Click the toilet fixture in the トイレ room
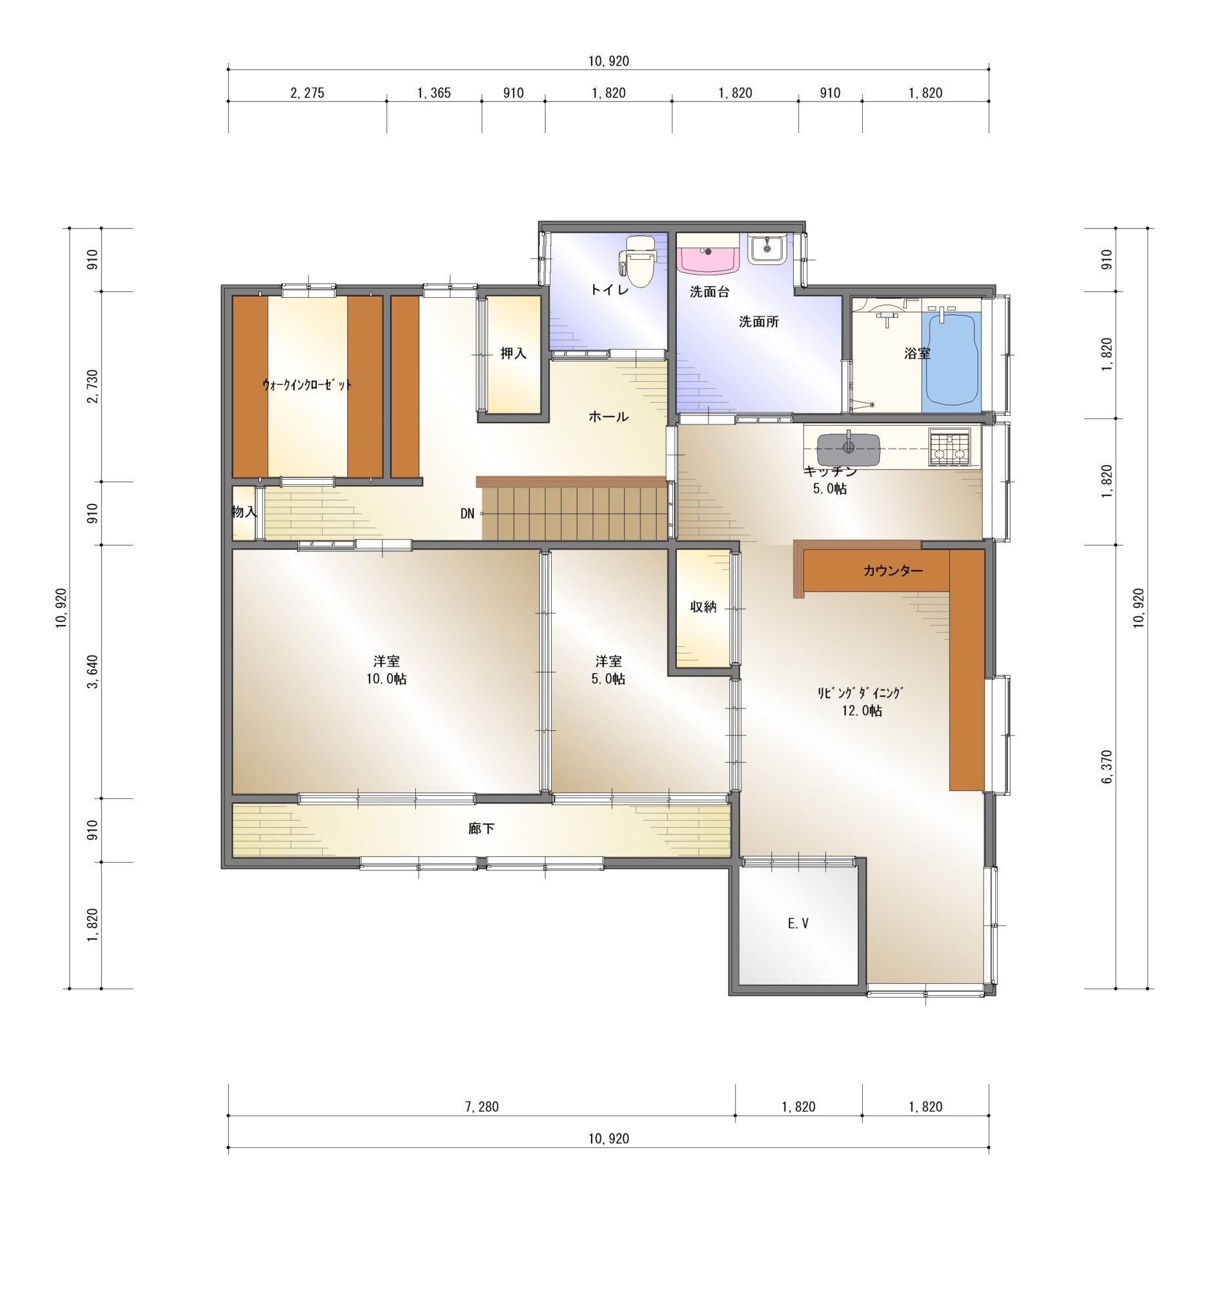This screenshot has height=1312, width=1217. tap(638, 262)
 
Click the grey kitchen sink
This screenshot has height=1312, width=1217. tap(848, 449)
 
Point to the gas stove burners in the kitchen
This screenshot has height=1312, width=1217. tap(949, 446)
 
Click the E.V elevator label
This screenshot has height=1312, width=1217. tap(798, 924)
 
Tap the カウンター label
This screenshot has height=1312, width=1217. tap(893, 570)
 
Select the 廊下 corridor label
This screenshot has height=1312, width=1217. tap(482, 829)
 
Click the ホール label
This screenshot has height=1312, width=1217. tap(609, 417)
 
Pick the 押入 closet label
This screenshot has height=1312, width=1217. tap(514, 353)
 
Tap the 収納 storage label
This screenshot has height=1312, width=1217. tap(703, 607)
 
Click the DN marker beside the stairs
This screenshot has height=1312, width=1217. tap(467, 514)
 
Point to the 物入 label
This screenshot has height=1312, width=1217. tap(244, 512)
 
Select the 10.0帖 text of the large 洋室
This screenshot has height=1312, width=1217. tap(386, 678)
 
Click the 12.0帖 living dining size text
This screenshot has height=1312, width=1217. tap(862, 710)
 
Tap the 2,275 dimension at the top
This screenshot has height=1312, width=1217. tap(308, 93)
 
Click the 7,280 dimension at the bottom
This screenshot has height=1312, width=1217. tap(482, 1107)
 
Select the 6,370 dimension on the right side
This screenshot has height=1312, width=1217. tap(1106, 767)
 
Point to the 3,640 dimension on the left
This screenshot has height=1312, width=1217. tap(93, 672)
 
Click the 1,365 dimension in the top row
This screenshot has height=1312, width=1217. tap(434, 93)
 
